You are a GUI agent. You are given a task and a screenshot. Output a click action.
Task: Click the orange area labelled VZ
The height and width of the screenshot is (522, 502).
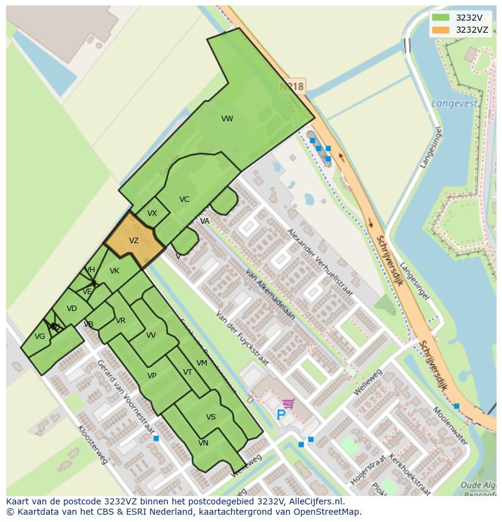(134, 241)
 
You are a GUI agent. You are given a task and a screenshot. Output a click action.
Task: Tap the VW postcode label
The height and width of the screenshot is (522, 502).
(227, 119)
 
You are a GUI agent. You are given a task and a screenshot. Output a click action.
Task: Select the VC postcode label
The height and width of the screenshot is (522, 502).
(184, 199)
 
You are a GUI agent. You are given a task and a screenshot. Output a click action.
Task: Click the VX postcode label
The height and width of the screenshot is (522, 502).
(152, 213)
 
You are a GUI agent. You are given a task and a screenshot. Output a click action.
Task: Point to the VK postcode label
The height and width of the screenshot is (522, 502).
(115, 271)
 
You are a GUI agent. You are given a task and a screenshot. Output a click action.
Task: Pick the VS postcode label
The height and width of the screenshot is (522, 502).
(211, 417)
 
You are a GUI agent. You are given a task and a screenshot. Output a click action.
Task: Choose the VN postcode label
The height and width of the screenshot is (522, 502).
(203, 443)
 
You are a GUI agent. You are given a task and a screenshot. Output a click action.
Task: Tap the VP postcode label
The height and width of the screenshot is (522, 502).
(152, 376)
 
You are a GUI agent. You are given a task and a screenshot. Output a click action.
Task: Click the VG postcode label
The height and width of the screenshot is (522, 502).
(40, 336)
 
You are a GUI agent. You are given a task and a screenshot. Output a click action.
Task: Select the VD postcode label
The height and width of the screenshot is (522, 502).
(72, 309)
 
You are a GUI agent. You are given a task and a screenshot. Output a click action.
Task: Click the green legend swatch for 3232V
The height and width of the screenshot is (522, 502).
(441, 18)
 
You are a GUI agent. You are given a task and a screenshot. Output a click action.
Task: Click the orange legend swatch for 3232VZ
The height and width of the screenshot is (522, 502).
(441, 30)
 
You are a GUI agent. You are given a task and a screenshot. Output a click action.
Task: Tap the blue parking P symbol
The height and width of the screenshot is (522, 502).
(281, 415)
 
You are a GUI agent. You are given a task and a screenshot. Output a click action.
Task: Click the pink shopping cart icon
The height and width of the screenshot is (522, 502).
(289, 403)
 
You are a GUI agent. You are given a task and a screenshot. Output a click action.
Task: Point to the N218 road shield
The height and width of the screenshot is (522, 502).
(292, 87)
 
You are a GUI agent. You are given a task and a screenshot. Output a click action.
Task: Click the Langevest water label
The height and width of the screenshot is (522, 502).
(454, 104)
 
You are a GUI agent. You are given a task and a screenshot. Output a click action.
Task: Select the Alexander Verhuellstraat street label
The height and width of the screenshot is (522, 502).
(320, 262)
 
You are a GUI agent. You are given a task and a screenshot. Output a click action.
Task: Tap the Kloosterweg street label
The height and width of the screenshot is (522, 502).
(92, 444)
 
